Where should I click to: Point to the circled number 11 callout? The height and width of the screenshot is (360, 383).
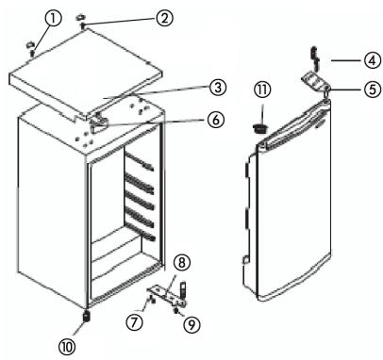263,91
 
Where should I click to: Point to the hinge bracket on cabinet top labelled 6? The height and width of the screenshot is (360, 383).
100,119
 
